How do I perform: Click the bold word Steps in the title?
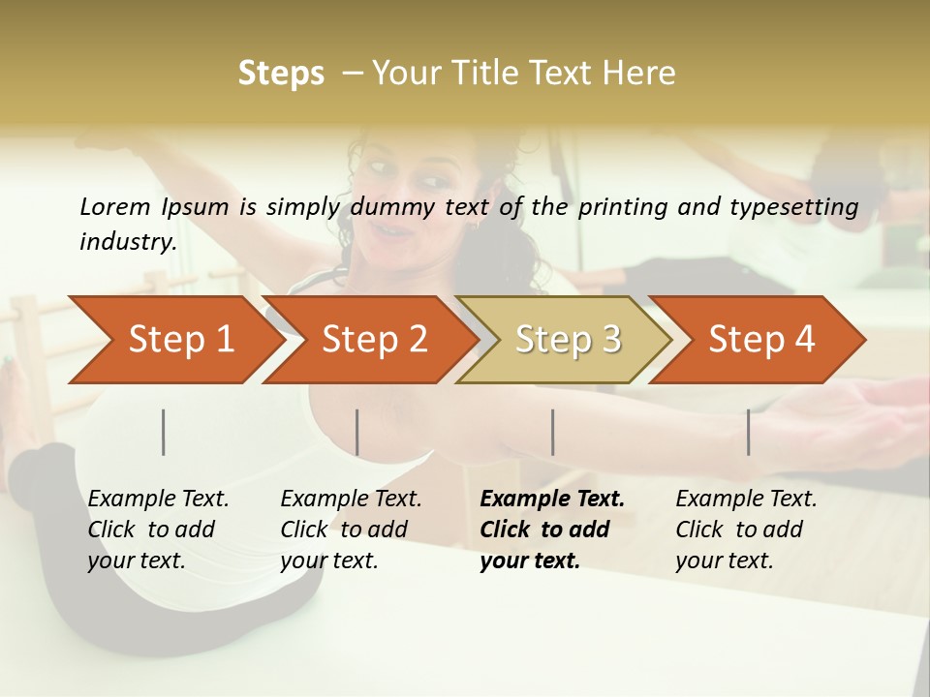[281, 74]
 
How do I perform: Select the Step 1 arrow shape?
[174, 340]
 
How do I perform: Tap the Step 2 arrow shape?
[373, 340]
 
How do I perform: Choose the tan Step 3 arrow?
[567, 340]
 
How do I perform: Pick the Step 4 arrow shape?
[760, 340]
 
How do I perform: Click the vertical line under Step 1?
[164, 432]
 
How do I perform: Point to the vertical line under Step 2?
[357, 432]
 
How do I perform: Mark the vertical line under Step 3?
[553, 432]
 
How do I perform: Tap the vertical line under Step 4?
[749, 432]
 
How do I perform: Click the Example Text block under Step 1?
[158, 530]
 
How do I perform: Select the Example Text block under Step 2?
[351, 530]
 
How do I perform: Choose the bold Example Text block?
[552, 530]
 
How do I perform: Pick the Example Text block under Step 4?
[746, 530]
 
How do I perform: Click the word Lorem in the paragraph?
[115, 206]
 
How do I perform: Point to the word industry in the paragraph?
[128, 242]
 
